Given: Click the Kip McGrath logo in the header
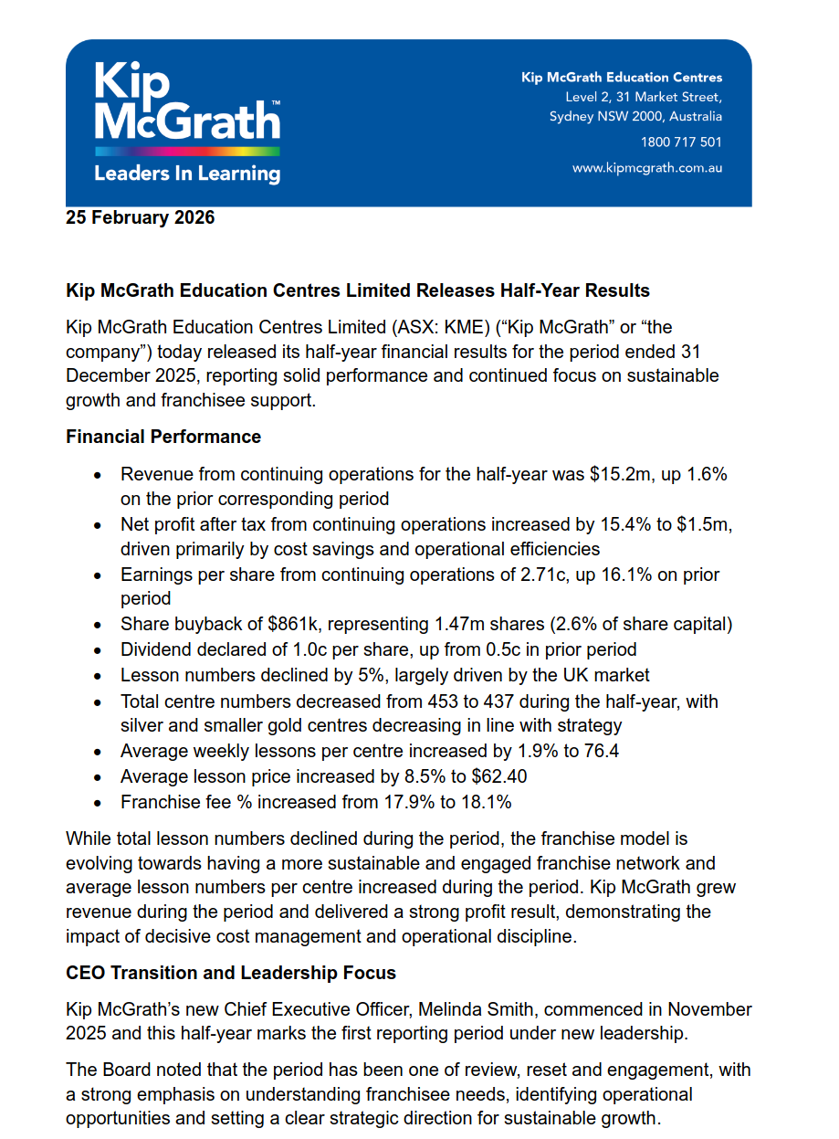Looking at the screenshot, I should (x=186, y=100).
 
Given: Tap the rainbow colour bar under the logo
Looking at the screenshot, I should (x=186, y=151).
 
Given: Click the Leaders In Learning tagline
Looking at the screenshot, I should (x=186, y=173).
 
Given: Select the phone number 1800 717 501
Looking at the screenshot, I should (x=681, y=142).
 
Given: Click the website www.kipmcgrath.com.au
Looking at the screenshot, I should (x=646, y=168).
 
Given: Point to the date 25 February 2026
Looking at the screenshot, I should (x=141, y=217).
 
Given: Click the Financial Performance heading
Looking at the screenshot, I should (x=163, y=437).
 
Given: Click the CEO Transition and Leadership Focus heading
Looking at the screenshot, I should (x=231, y=973).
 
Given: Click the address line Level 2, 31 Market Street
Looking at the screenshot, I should (x=644, y=98).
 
